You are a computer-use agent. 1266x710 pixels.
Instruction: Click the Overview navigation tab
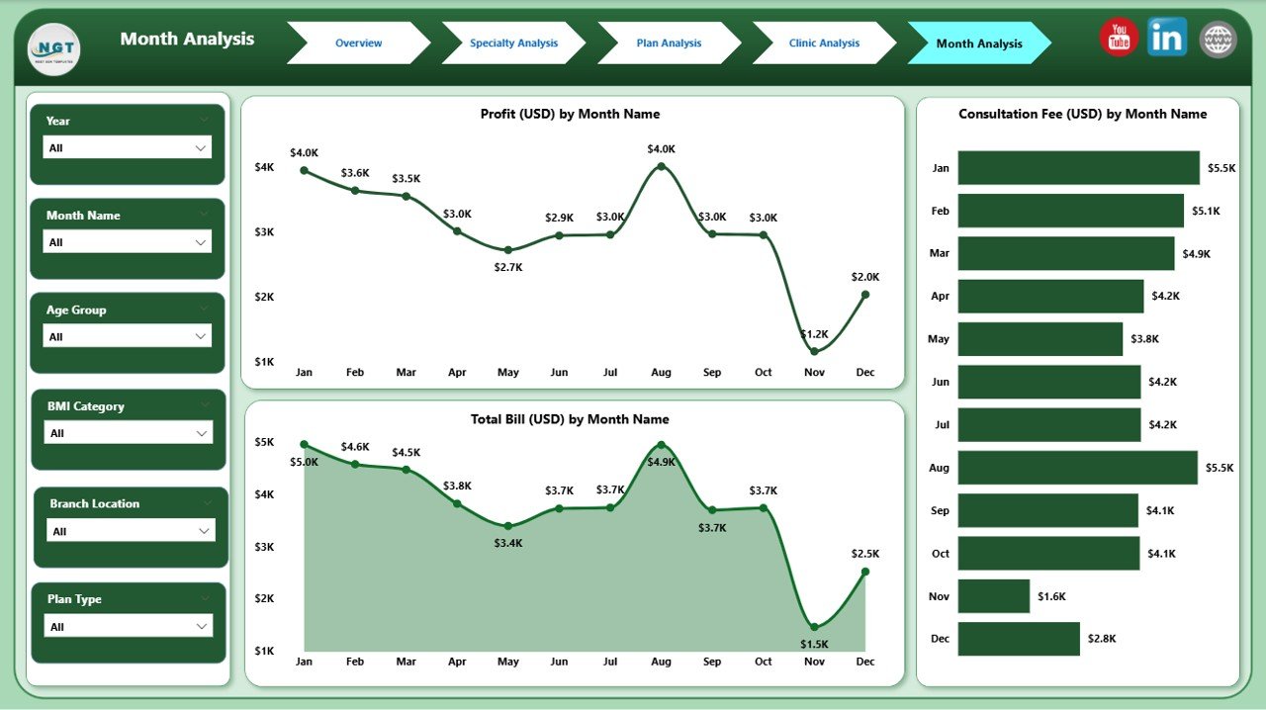pos(358,44)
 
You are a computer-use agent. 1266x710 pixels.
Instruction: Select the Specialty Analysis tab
pos(513,44)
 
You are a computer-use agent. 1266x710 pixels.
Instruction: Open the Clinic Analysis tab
pos(824,44)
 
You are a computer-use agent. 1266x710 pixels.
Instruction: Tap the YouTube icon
pos(1119,39)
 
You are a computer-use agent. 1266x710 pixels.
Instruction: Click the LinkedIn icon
pos(1167,38)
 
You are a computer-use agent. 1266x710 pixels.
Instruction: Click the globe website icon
pos(1218,40)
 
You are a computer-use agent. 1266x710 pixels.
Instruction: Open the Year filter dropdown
pos(128,147)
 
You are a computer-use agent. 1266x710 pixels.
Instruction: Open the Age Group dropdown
pos(128,336)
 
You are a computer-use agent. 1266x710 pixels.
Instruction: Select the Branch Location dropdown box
pos(131,531)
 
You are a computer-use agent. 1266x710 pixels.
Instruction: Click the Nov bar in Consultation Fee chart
pos(994,596)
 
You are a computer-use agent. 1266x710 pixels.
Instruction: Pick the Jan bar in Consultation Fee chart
pos(1078,168)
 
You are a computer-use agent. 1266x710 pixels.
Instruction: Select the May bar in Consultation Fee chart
pos(1040,338)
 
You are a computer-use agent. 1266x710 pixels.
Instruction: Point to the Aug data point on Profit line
pos(661,167)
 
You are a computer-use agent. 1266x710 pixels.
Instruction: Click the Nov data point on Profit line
pos(814,351)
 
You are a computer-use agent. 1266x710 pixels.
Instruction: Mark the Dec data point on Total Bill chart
pos(865,572)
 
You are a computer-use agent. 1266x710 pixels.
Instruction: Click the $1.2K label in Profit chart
pos(814,334)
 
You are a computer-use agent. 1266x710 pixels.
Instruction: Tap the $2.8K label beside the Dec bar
pos(1101,639)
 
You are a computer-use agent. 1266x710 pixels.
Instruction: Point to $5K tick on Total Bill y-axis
pos(264,442)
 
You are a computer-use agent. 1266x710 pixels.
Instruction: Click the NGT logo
pos(54,48)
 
